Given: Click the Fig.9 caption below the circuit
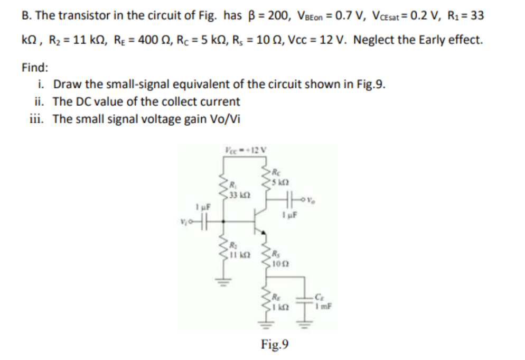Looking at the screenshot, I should click(275, 345).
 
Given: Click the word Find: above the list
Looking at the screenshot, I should click(35, 68).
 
